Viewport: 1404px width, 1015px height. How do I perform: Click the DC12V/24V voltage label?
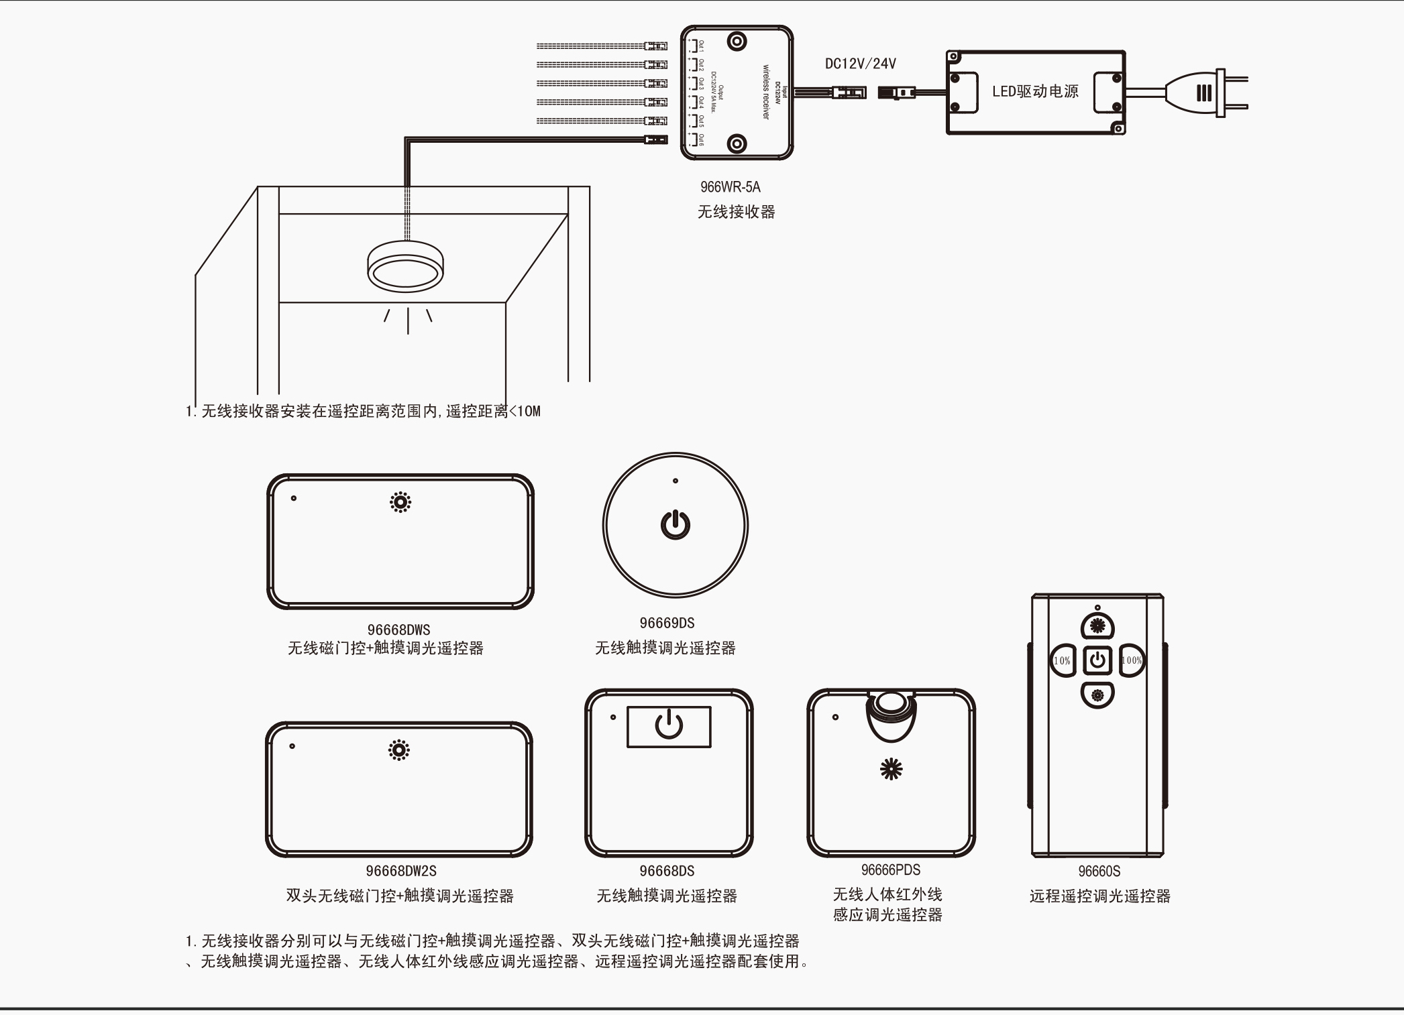(x=860, y=64)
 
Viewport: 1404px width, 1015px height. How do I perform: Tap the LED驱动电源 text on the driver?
(x=1035, y=92)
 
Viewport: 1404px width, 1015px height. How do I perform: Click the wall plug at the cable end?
(x=1207, y=93)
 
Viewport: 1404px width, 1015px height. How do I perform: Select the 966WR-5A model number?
(x=731, y=187)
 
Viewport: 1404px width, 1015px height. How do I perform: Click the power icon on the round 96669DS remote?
(x=676, y=524)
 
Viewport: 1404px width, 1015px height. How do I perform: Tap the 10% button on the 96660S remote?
(x=1062, y=660)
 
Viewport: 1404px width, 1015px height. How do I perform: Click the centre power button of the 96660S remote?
(x=1097, y=660)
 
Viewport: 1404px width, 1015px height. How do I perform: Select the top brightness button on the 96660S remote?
(x=1097, y=626)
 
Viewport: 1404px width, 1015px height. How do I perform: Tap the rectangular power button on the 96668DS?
(x=669, y=726)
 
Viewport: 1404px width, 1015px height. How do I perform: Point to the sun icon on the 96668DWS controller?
(x=400, y=502)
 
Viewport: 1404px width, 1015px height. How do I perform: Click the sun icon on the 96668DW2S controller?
(x=399, y=750)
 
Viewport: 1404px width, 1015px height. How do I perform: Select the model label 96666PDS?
(x=891, y=870)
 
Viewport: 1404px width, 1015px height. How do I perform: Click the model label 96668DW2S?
(x=401, y=871)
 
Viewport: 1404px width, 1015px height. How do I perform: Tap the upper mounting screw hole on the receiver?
(x=737, y=42)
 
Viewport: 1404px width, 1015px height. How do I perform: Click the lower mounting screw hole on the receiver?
(x=737, y=143)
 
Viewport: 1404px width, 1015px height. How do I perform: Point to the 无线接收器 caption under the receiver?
(x=736, y=212)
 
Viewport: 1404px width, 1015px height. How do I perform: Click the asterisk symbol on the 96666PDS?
(x=891, y=770)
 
